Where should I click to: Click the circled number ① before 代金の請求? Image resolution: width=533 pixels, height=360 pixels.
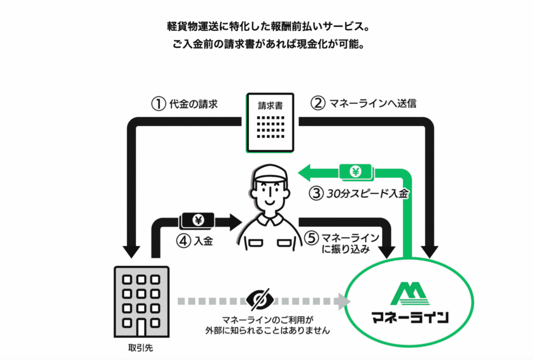158,104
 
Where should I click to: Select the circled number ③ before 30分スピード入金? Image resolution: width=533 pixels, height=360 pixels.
316,194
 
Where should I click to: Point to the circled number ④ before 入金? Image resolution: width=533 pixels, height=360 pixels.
184,241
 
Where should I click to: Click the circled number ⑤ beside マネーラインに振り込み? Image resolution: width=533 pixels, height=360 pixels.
311,238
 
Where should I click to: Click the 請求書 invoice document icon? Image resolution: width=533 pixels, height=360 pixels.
270,122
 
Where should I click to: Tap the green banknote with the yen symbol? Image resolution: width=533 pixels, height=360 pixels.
356,172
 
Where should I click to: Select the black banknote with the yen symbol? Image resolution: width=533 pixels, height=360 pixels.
198,220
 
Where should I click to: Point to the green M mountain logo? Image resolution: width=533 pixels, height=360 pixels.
410,293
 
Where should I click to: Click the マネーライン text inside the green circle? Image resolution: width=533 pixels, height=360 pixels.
410,317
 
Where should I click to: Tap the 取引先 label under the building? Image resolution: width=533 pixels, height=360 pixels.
141,347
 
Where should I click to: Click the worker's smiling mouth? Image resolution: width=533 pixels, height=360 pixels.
270,203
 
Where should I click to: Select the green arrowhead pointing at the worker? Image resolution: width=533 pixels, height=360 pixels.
305,172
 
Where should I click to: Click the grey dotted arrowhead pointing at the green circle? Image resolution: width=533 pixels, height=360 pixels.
344,301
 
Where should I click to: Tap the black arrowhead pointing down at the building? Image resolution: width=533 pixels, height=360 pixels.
131,252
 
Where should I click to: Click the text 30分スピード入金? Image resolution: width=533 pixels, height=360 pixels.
367,194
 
